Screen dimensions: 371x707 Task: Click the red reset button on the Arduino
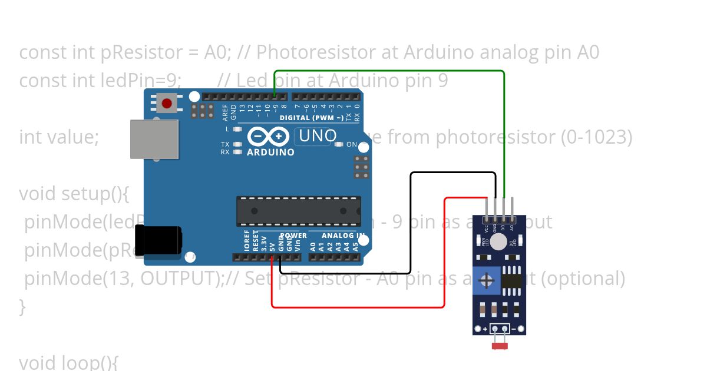(167, 104)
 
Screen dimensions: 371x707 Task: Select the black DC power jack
(157, 240)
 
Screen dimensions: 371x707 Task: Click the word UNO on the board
(318, 135)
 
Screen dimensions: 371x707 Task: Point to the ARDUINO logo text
(270, 152)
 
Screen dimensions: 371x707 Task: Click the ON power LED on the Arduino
(339, 144)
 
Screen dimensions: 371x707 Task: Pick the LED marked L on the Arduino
(237, 129)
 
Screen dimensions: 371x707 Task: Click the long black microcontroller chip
(299, 211)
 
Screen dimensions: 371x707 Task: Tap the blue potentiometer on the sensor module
(487, 280)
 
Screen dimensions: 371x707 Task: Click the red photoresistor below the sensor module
(500, 346)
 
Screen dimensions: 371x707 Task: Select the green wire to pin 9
(504, 130)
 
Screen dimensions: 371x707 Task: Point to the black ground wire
(411, 224)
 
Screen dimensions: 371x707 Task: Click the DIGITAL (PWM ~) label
(312, 118)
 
